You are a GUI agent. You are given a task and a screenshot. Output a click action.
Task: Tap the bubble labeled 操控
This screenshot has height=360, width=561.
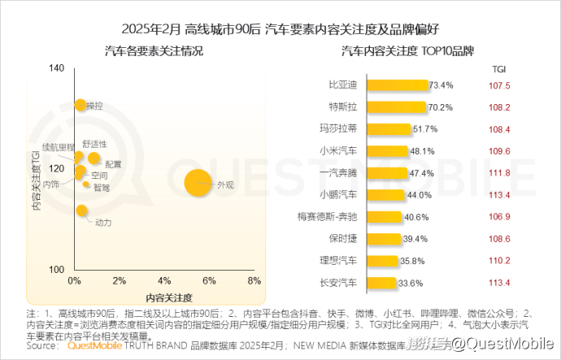pyautogui.click(x=80, y=105)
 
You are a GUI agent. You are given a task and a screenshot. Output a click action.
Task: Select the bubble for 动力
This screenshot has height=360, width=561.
pyautogui.click(x=81, y=211)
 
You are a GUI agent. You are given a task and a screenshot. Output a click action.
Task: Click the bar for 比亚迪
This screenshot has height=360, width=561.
pyautogui.click(x=398, y=85)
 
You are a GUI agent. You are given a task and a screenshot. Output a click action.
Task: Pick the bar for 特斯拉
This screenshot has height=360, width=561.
pyautogui.click(x=397, y=107)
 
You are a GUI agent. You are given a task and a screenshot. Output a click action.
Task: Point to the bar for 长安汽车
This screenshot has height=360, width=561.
pyautogui.click(x=382, y=283)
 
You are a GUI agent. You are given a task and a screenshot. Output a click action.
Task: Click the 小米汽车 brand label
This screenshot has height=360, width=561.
pyautogui.click(x=338, y=151)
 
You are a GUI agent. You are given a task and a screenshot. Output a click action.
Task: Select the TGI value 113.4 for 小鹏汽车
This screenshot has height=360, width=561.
pyautogui.click(x=499, y=195)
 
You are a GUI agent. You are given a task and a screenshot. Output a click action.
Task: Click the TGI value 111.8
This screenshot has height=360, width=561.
pyautogui.click(x=499, y=173)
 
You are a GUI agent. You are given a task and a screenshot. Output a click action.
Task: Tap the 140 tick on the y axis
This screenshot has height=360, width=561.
pyautogui.click(x=56, y=69)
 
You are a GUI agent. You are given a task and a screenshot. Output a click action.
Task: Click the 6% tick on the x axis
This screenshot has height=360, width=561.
pyautogui.click(x=209, y=280)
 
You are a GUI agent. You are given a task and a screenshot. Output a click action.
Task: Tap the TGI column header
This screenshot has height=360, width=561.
pyautogui.click(x=500, y=70)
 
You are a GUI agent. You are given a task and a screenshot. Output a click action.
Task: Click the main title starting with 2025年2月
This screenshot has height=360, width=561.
pyautogui.click(x=280, y=29)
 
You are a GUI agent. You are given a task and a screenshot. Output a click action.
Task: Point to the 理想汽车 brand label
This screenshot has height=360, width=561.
pyautogui.click(x=338, y=261)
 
